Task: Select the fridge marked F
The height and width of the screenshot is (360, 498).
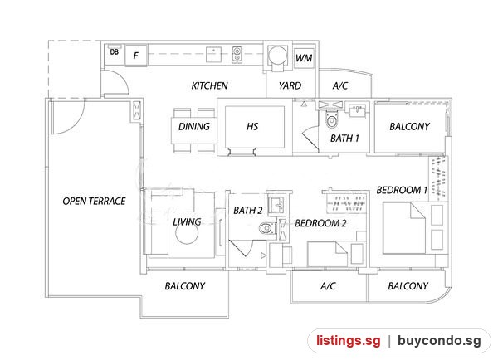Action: tap(136, 56)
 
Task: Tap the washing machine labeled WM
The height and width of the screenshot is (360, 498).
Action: tap(304, 58)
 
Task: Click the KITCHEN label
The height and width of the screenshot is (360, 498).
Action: tap(210, 85)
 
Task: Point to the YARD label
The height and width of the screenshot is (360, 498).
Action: tap(290, 85)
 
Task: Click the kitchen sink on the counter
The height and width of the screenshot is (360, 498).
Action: tap(214, 54)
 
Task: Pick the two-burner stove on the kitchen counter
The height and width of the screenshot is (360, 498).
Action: tap(237, 54)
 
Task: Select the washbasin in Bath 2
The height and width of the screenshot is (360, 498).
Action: tap(277, 205)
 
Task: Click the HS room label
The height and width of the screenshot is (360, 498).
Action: tap(252, 127)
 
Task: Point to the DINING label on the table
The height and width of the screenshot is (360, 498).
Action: tap(194, 127)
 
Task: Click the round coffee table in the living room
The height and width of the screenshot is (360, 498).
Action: tap(187, 233)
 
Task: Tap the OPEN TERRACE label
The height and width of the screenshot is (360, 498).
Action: tap(94, 201)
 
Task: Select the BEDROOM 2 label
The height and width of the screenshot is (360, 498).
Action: tap(320, 223)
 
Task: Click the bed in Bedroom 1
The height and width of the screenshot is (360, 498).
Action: tap(404, 228)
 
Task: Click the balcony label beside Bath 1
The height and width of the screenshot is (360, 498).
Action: tap(409, 127)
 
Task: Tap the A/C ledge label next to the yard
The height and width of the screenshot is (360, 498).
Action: tap(340, 85)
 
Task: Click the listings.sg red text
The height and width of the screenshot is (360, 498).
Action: tap(349, 341)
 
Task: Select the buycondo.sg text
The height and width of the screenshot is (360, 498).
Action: tap(439, 341)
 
